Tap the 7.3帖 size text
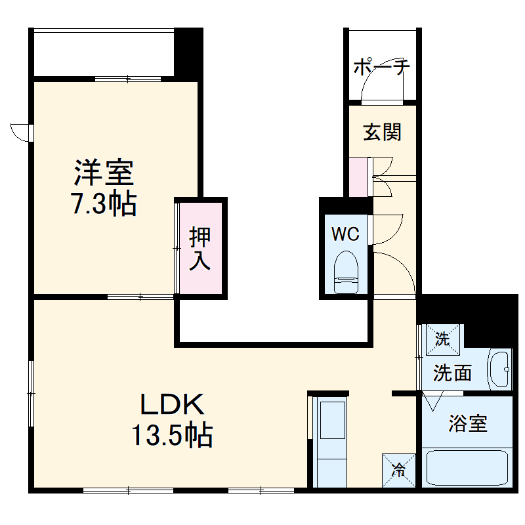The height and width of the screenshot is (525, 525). pos(104,204)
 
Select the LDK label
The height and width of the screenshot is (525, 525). pos(172,404)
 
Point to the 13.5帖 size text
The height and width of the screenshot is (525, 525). pos(172,434)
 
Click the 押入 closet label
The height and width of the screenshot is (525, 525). pos(200,249)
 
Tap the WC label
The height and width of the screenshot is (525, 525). pos(345,234)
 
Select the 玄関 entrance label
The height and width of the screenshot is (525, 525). pos(383,133)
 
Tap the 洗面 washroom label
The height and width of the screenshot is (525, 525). pos(453,373)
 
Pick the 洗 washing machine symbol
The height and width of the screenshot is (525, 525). pos(443,339)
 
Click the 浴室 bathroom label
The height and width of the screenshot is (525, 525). pos(468,424)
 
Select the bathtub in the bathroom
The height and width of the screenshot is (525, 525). pos(467,467)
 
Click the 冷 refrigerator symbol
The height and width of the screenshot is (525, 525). pos(398,470)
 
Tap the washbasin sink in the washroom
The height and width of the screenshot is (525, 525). pos(501,369)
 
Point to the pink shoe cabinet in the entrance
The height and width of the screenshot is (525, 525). pos(359,177)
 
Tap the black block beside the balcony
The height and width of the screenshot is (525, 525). pos(188,52)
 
